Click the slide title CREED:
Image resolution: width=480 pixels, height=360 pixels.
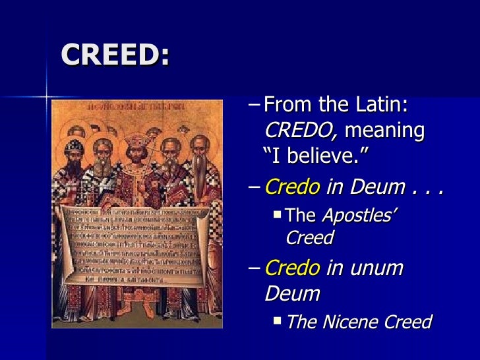click(x=115, y=56)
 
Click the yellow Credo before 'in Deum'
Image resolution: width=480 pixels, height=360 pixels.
click(x=292, y=188)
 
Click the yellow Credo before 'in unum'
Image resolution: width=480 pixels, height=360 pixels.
click(x=292, y=268)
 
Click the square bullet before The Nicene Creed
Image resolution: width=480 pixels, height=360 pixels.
click(x=278, y=321)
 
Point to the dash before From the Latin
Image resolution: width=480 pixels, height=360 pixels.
click(x=256, y=105)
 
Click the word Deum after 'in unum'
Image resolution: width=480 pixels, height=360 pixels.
click(x=292, y=293)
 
